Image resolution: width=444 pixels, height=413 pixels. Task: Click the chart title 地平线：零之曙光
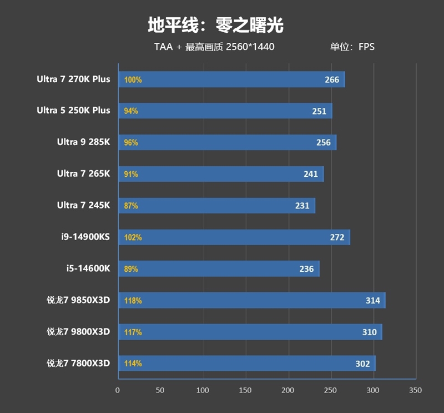coord(215,24)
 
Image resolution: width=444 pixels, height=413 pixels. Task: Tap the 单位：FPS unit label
coord(352,47)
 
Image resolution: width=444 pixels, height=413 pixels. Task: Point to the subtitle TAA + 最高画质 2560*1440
coord(214,47)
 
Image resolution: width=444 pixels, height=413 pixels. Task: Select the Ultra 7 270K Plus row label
coord(73,79)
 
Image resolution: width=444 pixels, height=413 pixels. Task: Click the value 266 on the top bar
coord(332,79)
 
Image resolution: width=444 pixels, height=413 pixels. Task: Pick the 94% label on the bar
coord(131,111)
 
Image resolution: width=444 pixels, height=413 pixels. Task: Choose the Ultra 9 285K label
coord(83,142)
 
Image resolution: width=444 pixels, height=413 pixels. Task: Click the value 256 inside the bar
coord(324,143)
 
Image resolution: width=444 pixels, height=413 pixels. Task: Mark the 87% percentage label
coord(131,206)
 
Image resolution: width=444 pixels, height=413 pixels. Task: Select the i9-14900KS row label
coord(85,237)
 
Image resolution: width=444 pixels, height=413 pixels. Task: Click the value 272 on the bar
coord(337,238)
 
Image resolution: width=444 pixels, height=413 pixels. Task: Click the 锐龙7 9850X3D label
coord(78,300)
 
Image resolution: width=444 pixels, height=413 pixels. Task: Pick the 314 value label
coord(373,301)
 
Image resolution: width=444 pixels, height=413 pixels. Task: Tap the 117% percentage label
coord(133,332)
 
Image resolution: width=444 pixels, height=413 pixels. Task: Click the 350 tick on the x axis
coord(415,390)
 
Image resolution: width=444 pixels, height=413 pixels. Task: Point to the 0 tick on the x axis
coord(117,390)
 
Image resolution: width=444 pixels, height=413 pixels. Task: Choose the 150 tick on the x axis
coord(245,390)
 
